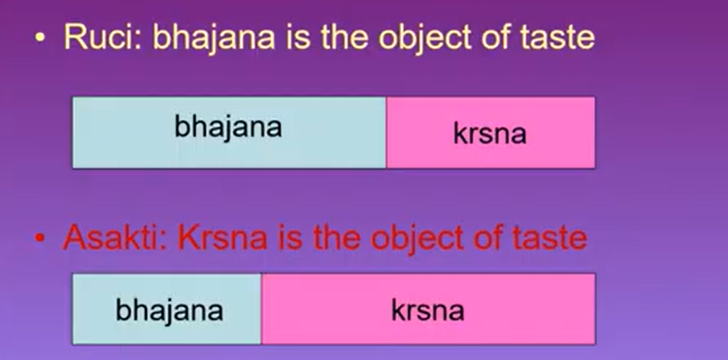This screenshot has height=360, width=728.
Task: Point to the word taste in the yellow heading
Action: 557,37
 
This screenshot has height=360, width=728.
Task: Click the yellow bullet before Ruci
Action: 40,39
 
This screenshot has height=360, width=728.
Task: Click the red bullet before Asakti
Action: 40,238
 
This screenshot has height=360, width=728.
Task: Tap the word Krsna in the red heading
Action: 223,237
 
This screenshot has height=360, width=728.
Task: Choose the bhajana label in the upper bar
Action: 228,127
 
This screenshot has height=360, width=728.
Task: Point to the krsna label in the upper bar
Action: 490,134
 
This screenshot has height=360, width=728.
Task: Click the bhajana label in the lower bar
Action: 170,310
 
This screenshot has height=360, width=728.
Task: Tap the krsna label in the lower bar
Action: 428,310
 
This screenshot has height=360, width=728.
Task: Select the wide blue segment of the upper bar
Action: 229,133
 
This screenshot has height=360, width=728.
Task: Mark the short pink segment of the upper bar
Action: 490,133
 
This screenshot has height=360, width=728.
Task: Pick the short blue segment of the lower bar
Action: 167,309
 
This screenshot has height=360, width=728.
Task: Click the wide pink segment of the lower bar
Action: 428,309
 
